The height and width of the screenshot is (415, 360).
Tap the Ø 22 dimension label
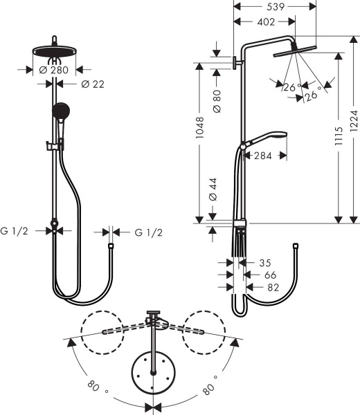pyautogui.click(x=91, y=84)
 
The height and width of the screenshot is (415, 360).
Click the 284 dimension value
pyautogui.click(x=262, y=156)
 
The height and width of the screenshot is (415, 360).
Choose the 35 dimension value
pyautogui.click(x=264, y=262)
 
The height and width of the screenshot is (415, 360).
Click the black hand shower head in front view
pyautogui.click(x=60, y=111)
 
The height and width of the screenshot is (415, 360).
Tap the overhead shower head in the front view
pyautogui.click(x=53, y=53)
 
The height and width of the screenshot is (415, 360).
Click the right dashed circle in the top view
pyautogui.click(x=204, y=332)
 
